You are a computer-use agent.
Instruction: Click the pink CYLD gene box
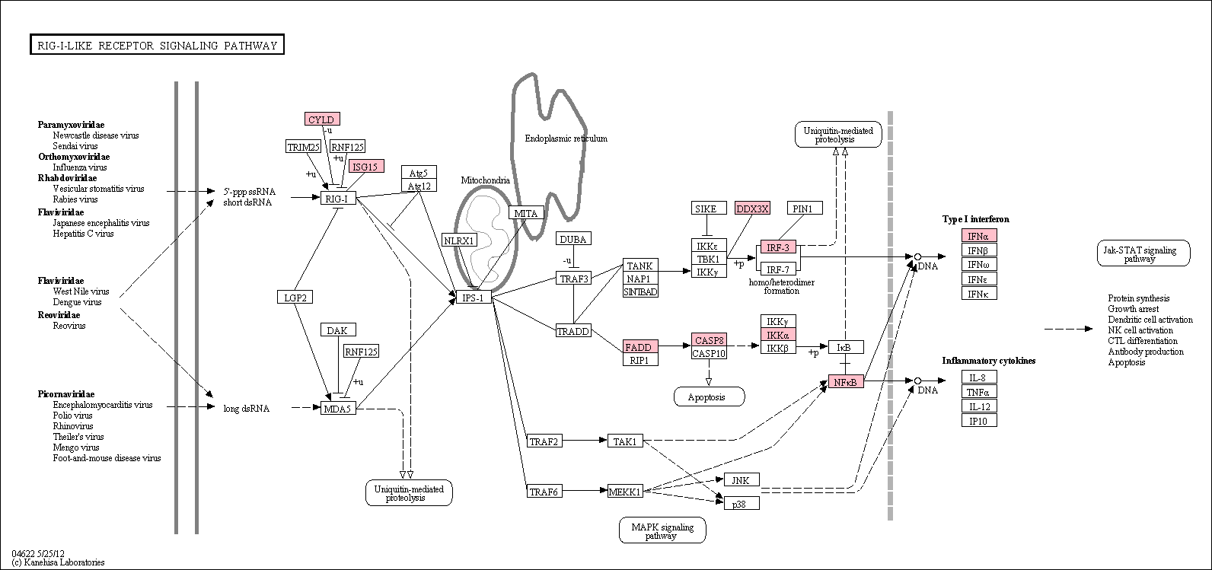[322, 119]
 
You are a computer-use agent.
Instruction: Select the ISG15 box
[366, 167]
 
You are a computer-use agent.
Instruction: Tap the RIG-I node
[338, 199]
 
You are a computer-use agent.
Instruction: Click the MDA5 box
[338, 409]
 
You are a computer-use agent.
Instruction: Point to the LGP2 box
[295, 297]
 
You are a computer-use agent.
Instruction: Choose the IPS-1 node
[474, 297]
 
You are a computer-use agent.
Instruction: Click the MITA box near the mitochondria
[526, 213]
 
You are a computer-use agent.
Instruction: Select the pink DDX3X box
[753, 209]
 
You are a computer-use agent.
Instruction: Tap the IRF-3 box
[778, 247]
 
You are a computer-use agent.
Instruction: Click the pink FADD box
[640, 347]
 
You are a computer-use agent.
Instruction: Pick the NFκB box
[846, 381]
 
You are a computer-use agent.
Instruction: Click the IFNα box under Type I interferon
[979, 236]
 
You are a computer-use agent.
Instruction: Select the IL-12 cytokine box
[979, 406]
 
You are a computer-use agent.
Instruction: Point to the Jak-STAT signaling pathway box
[1143, 253]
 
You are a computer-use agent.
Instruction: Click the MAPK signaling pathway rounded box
[662, 530]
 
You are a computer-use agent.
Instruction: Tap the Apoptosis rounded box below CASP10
[709, 397]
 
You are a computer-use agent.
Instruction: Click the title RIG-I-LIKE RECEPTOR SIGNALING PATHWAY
[157, 45]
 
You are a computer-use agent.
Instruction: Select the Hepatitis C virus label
[83, 234]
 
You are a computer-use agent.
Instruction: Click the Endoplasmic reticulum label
[566, 139]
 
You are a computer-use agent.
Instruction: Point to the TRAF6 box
[544, 491]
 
